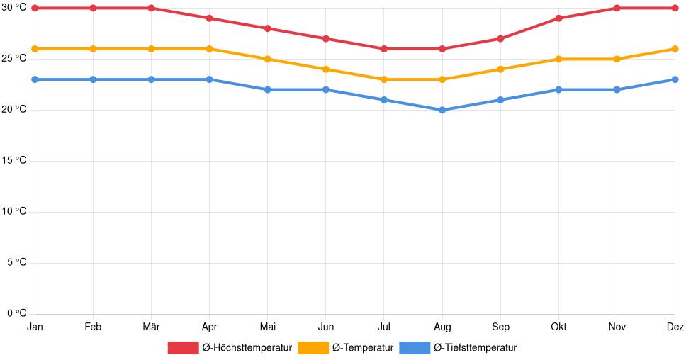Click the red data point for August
tap(442, 49)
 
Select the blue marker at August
tap(442, 110)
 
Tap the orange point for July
tap(384, 79)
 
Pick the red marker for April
tap(209, 18)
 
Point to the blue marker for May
tap(267, 89)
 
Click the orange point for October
tap(558, 59)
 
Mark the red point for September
tap(500, 38)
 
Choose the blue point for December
tap(675, 79)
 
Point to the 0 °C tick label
tap(16, 313)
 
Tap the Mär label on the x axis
tap(151, 327)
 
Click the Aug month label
tap(442, 327)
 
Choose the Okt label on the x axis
tap(558, 327)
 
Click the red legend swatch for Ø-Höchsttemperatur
tap(183, 347)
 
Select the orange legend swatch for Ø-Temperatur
tap(313, 347)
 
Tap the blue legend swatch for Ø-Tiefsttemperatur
tap(415, 347)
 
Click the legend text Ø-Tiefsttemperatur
tap(475, 347)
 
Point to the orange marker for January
tap(35, 49)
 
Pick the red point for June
tap(325, 38)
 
